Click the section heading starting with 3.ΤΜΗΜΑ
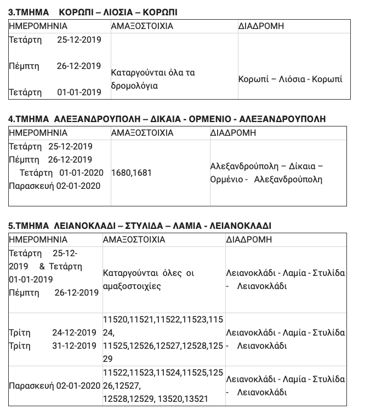click(93, 12)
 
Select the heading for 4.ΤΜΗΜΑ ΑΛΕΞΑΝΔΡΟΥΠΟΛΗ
click(167, 119)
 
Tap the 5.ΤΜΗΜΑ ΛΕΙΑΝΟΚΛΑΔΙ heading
click(140, 226)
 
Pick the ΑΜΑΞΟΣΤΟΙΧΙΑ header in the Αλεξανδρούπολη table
click(142, 132)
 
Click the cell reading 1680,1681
click(131, 172)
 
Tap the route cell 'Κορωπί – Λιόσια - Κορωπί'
click(290, 79)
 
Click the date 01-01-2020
click(81, 172)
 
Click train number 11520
click(115, 319)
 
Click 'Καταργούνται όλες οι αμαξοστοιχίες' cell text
click(148, 279)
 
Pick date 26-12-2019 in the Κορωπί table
click(79, 66)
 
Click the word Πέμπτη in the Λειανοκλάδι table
click(24, 292)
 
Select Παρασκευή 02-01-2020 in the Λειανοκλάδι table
click(55, 386)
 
